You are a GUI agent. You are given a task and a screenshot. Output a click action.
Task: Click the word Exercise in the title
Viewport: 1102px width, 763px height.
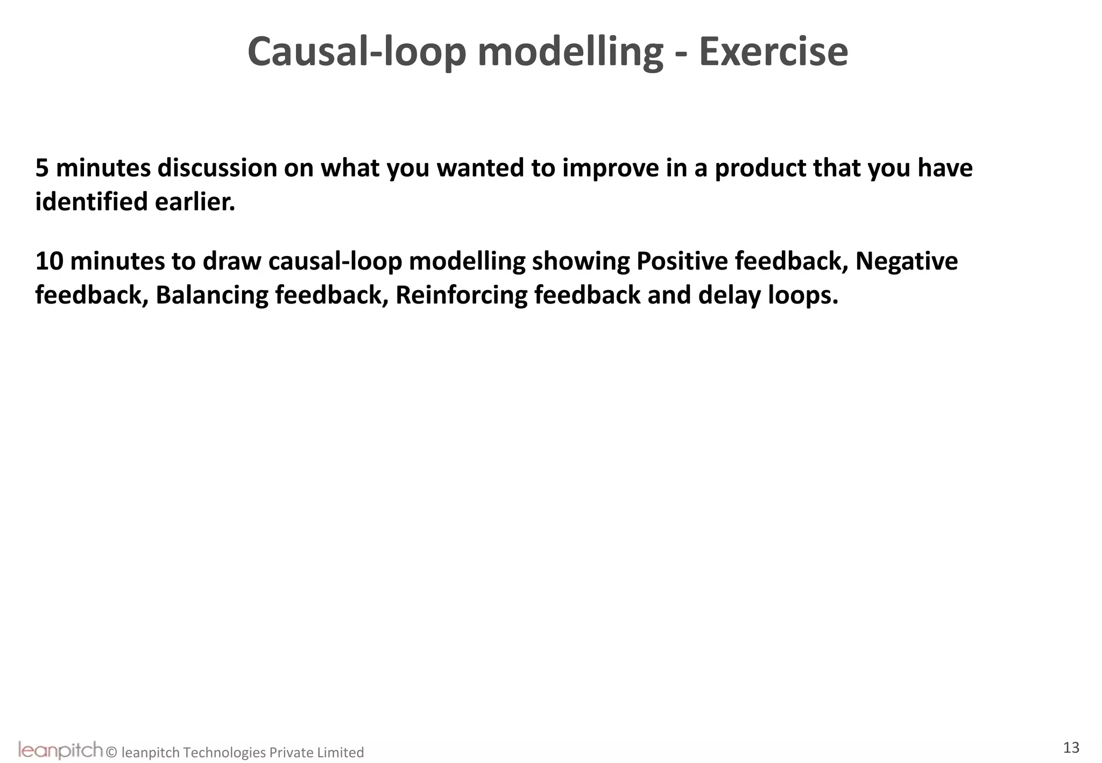tap(773, 52)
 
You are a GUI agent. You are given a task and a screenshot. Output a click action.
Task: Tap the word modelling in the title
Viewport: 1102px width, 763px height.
tap(570, 52)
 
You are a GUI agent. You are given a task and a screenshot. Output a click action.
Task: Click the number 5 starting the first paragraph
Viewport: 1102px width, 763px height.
tap(42, 168)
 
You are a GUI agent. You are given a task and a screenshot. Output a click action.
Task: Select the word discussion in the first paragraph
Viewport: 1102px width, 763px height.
tap(217, 168)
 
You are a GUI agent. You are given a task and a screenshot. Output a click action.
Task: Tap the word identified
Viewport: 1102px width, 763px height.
tap(91, 202)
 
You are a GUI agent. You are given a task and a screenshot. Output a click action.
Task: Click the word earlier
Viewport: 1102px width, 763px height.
tap(195, 202)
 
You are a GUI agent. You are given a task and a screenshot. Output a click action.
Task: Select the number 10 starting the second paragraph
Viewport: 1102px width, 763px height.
tap(49, 262)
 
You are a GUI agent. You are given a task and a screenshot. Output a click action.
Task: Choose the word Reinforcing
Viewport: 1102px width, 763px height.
tap(461, 295)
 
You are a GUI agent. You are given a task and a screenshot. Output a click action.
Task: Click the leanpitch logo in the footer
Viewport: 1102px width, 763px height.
tap(60, 750)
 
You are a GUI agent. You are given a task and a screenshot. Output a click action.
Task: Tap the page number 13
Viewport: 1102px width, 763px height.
tap(1071, 747)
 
